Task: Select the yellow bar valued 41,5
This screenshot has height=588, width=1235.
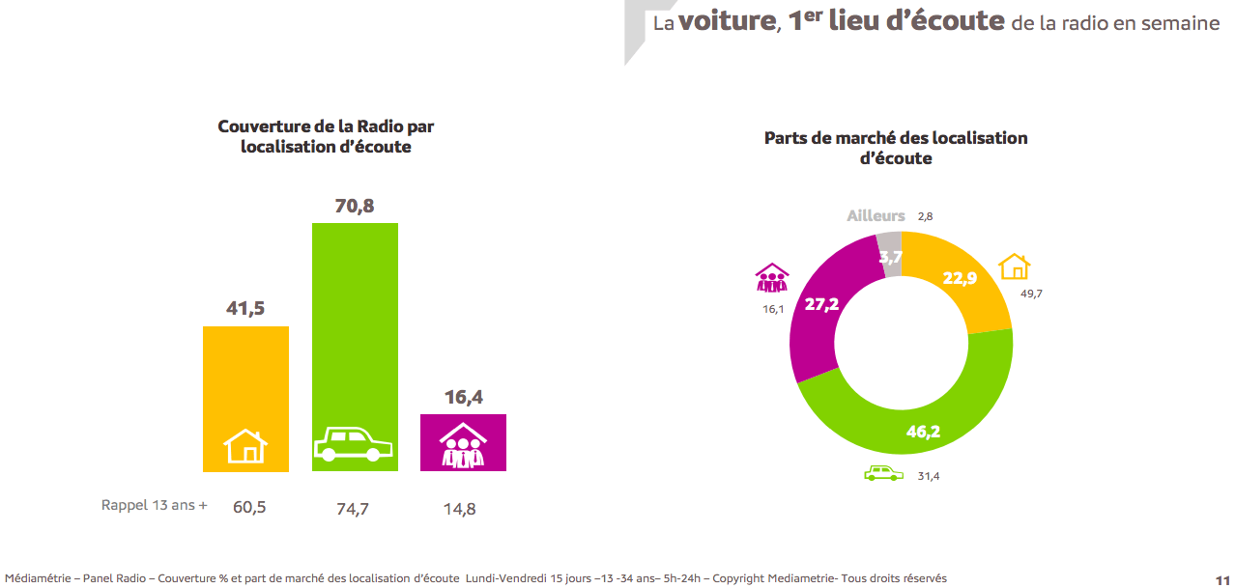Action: point(245,377)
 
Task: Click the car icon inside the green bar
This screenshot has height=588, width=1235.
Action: point(354,446)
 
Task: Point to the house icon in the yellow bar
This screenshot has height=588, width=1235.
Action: point(245,446)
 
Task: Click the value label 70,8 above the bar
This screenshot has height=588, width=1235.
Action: point(354,206)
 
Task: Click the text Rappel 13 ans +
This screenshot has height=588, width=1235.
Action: point(154,505)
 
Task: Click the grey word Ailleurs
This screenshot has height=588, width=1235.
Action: point(876,216)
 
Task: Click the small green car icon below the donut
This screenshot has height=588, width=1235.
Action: point(883,473)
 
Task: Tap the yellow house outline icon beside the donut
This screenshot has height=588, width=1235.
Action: point(1015,266)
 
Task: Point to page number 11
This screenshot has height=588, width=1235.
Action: point(1221,577)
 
